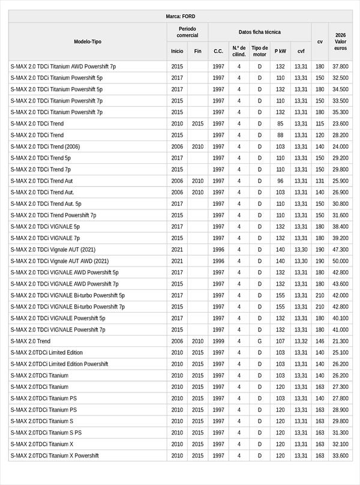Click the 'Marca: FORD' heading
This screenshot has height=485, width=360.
click(180, 16)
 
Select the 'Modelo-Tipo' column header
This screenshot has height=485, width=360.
click(88, 41)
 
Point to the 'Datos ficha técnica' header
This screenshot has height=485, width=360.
click(259, 32)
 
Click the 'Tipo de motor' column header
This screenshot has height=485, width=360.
click(260, 51)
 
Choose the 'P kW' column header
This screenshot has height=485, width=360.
click(280, 51)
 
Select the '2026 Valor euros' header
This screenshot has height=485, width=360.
click(340, 41)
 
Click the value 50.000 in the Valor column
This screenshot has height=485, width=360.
click(340, 261)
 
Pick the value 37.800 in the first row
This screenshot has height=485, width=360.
click(340, 67)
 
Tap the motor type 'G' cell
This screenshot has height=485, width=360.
click(260, 341)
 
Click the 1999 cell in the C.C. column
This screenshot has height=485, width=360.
click(218, 341)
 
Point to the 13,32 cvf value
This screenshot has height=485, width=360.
click(301, 341)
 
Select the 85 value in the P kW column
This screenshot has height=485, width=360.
click(280, 124)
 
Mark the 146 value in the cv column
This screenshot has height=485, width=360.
click(320, 341)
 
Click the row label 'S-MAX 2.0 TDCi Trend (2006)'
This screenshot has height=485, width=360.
click(45, 146)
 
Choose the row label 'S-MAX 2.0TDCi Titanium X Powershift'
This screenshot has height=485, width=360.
click(54, 456)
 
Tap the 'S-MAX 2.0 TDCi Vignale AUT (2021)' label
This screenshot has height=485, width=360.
click(53, 250)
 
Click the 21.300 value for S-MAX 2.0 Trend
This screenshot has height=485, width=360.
click(340, 341)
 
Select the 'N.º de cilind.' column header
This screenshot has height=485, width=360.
click(239, 51)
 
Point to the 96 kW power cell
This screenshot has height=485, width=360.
click(280, 181)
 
